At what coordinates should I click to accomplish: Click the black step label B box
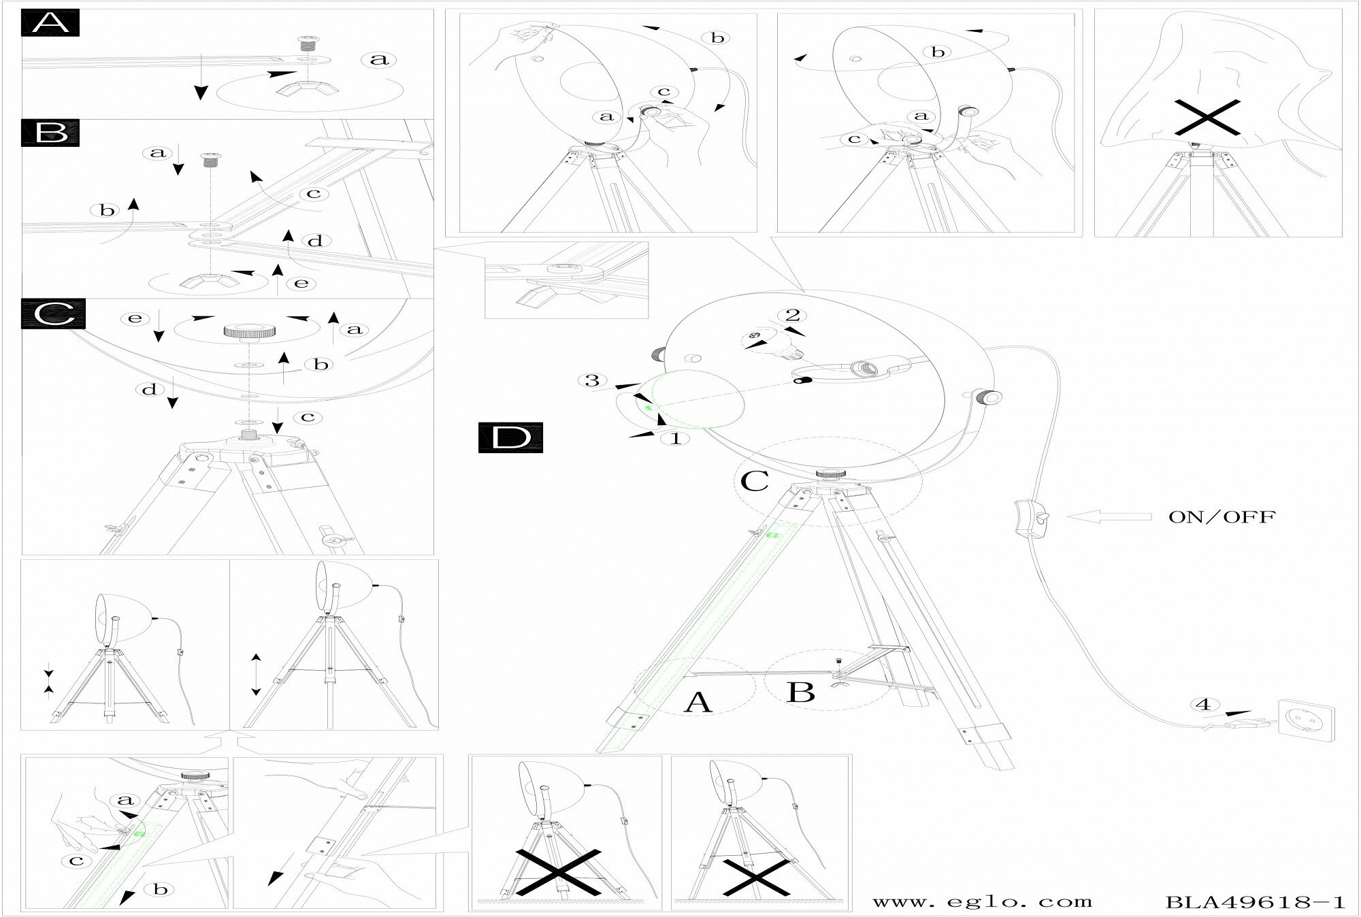51,132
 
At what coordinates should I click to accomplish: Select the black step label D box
510,437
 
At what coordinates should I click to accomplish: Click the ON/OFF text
1221,517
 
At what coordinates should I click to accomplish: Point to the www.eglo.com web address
982,902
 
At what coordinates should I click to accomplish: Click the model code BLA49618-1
1256,902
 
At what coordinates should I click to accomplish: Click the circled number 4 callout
1204,705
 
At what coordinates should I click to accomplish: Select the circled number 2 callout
792,316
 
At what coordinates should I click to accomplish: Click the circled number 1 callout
676,439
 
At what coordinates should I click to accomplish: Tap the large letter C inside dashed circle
754,480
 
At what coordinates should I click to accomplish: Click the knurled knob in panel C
248,331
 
